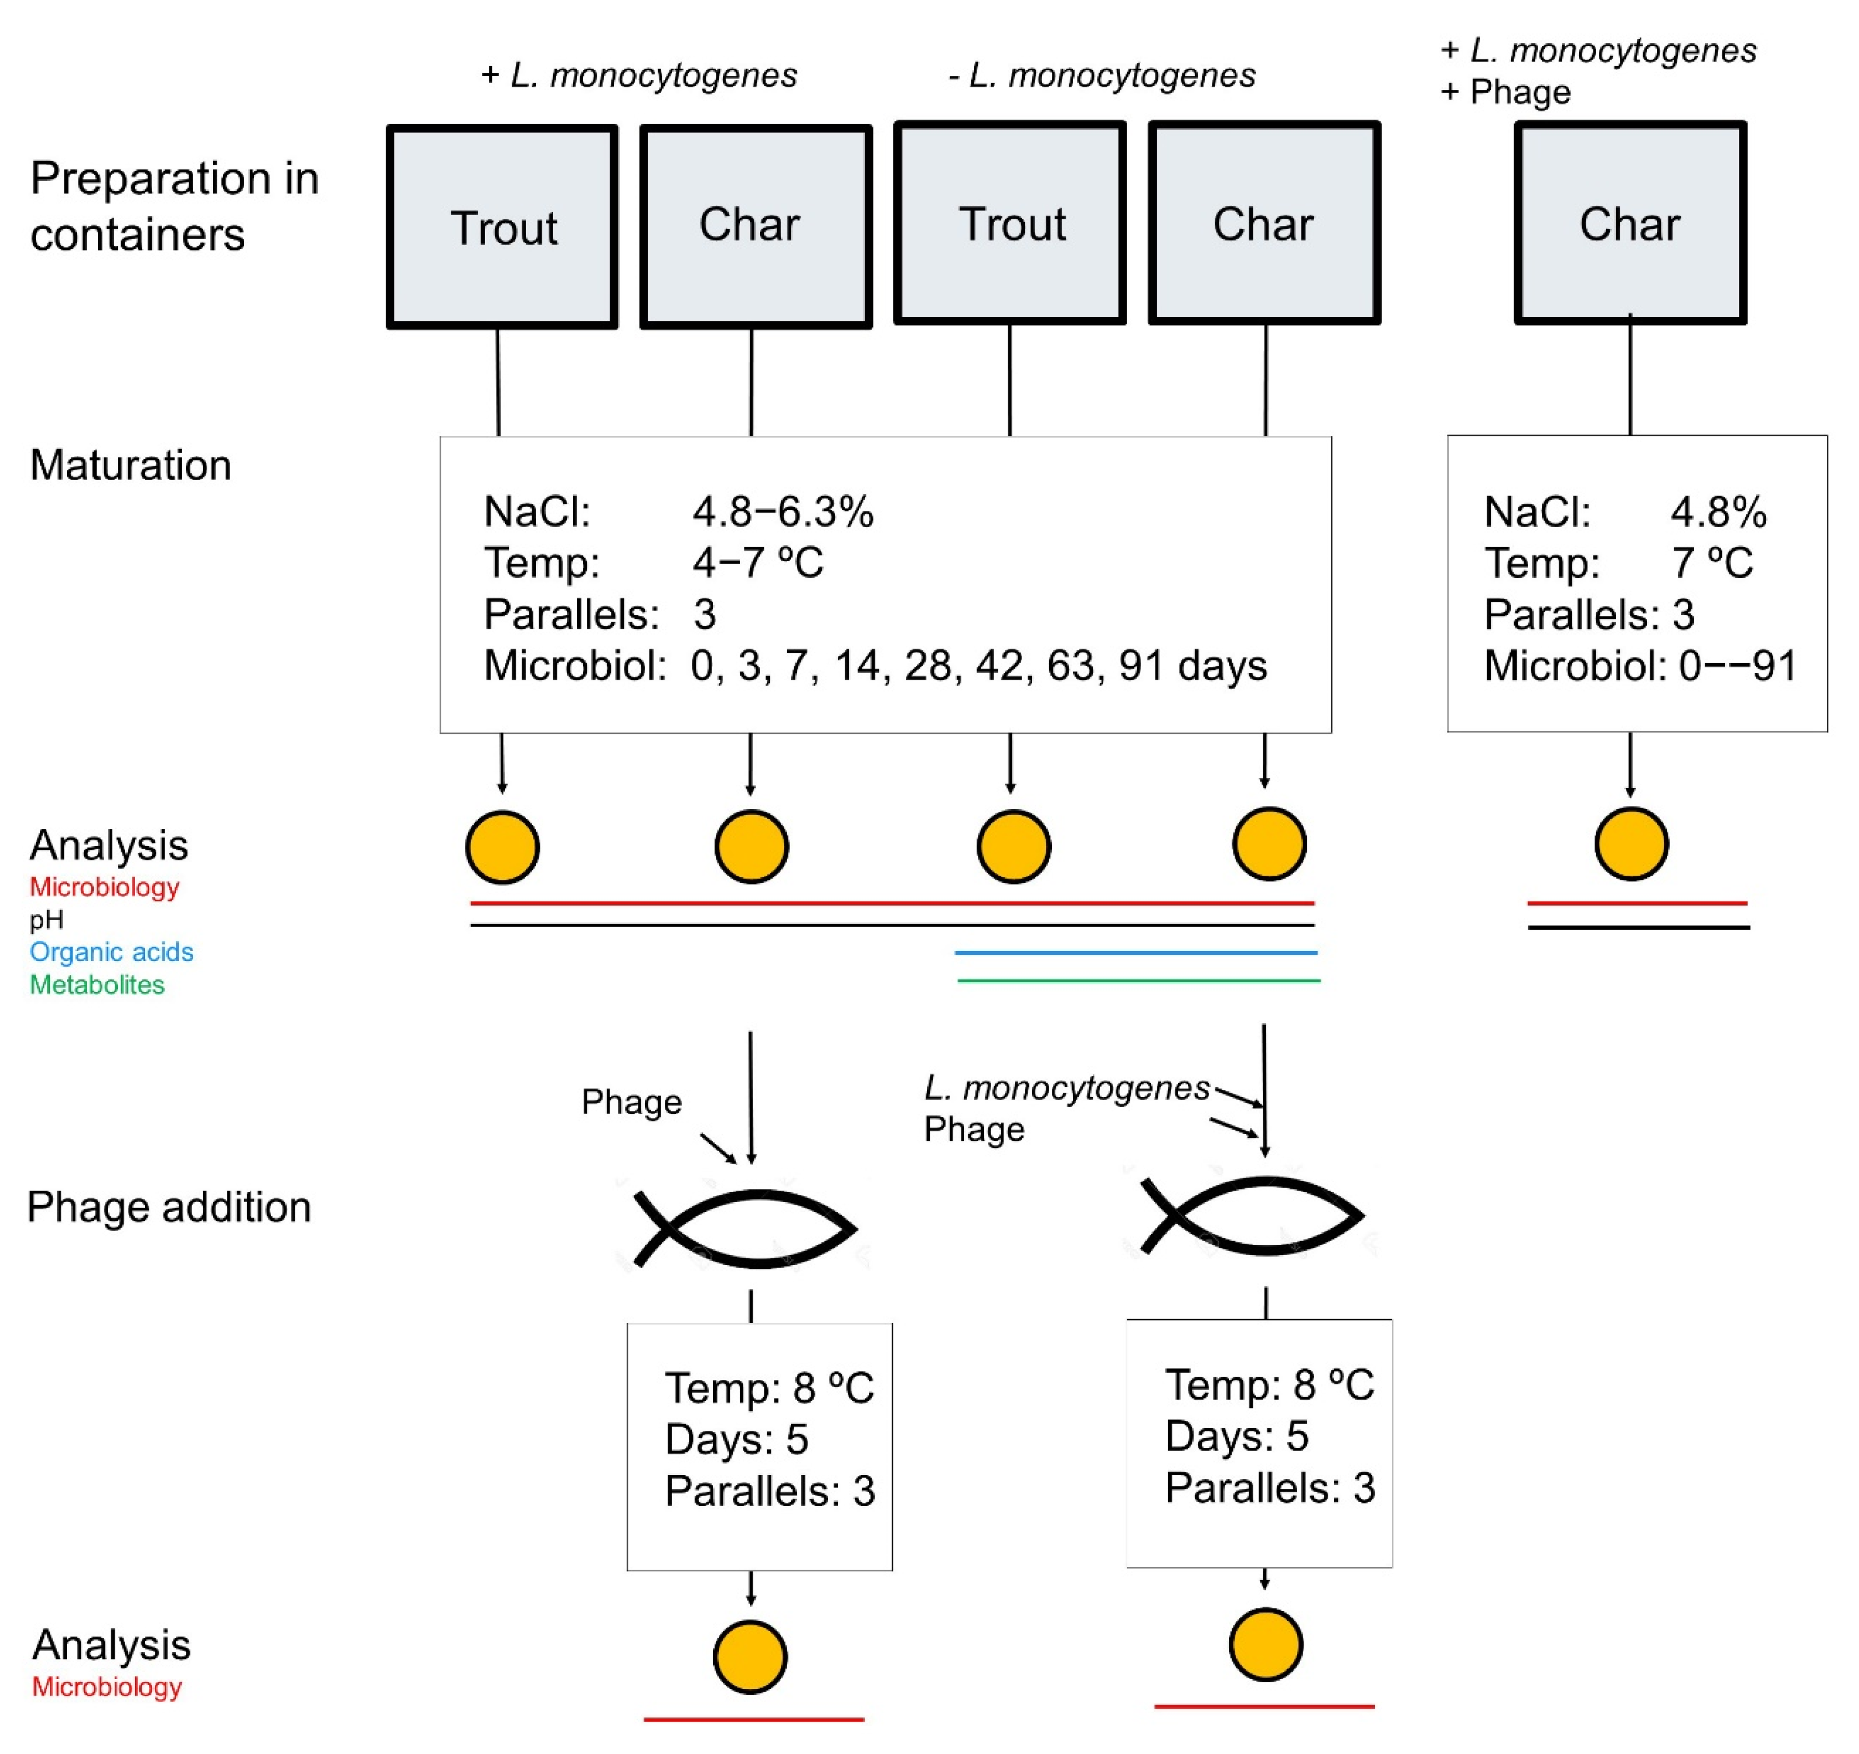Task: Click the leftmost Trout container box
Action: [502, 227]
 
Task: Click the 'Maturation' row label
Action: [131, 465]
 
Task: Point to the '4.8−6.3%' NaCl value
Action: [783, 512]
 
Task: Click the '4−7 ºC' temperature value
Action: [757, 562]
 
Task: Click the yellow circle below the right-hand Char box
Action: [1631, 845]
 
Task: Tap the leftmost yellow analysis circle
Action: [502, 848]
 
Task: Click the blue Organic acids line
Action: [1135, 952]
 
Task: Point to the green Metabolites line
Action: [1138, 980]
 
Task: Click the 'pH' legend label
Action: [47, 919]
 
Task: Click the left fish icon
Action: [745, 1228]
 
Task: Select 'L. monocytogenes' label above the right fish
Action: [1066, 1088]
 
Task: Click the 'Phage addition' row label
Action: [169, 1207]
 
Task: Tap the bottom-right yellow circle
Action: [1265, 1644]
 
